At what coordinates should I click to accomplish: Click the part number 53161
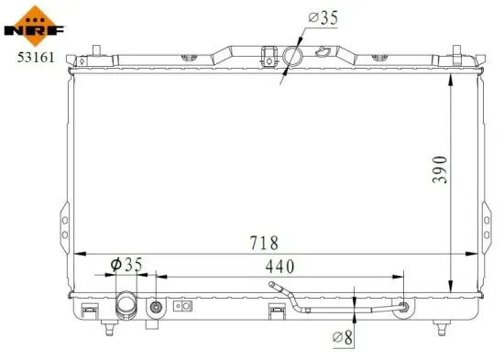[x=28, y=58]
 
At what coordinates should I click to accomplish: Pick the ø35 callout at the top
[x=323, y=17]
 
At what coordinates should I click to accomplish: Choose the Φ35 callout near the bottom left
[x=125, y=266]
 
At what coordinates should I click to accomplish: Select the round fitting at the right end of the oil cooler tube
[x=400, y=308]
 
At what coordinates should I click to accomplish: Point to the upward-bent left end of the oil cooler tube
[x=275, y=288]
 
